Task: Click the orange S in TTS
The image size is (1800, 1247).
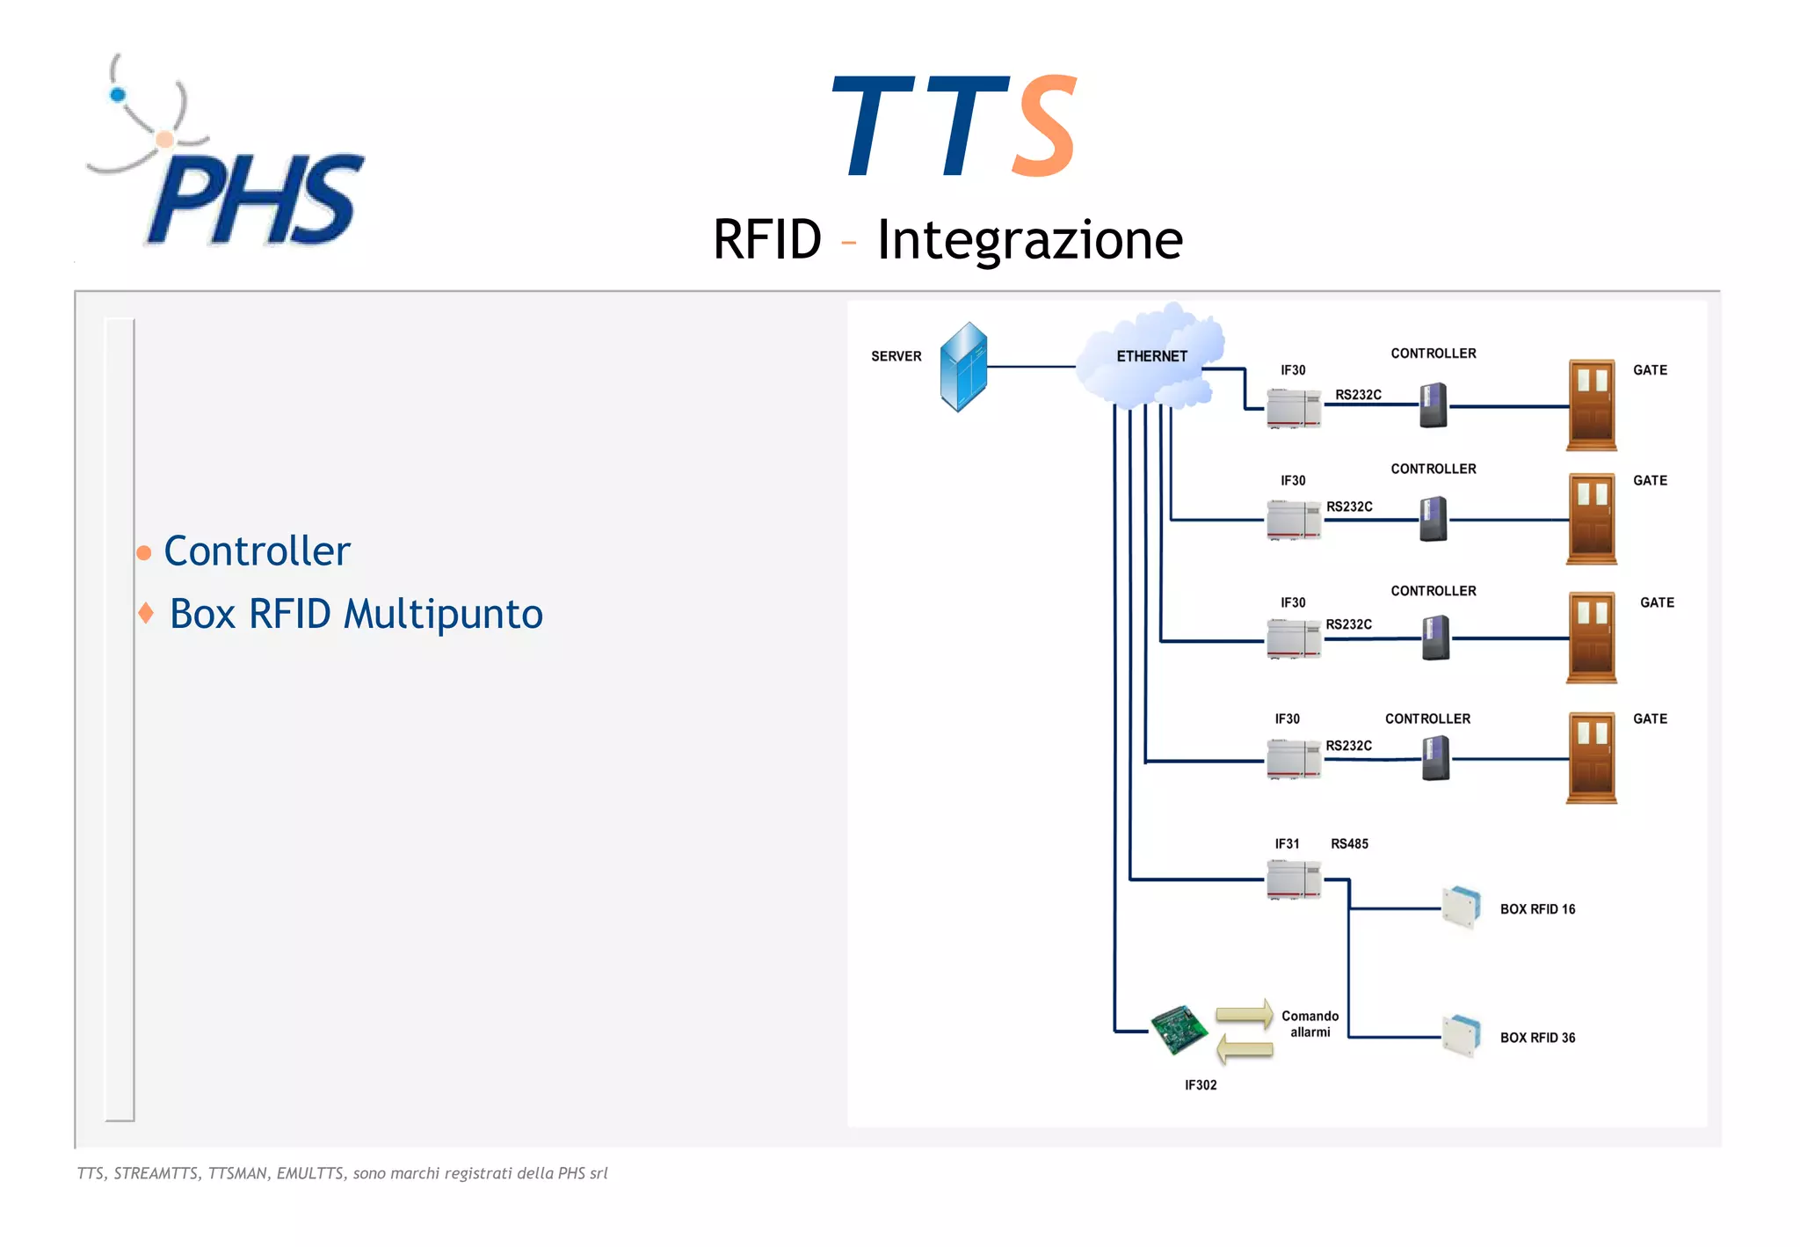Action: (x=1044, y=126)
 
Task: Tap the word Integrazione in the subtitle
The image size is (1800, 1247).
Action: (x=1029, y=239)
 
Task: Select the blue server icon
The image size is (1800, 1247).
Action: (x=963, y=367)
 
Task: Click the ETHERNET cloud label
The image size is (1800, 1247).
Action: (x=1151, y=356)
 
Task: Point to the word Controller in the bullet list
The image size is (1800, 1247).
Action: (x=257, y=551)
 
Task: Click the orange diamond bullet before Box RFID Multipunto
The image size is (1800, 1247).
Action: (x=146, y=612)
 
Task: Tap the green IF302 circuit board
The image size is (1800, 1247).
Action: (x=1179, y=1029)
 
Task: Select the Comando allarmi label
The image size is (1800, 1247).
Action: (x=1310, y=1024)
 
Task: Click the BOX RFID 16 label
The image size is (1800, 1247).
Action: (x=1537, y=909)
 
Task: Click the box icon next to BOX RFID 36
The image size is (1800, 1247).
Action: (x=1462, y=1036)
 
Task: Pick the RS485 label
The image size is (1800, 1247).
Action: (x=1349, y=844)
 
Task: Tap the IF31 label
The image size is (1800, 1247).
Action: (x=1287, y=844)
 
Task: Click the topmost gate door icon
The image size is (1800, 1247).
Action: (x=1592, y=405)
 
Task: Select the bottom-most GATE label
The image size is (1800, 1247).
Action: (x=1650, y=719)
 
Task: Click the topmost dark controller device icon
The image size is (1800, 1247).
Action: (x=1433, y=405)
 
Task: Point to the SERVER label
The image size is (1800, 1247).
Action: (x=896, y=356)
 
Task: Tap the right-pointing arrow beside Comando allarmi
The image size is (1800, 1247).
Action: (x=1245, y=1014)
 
